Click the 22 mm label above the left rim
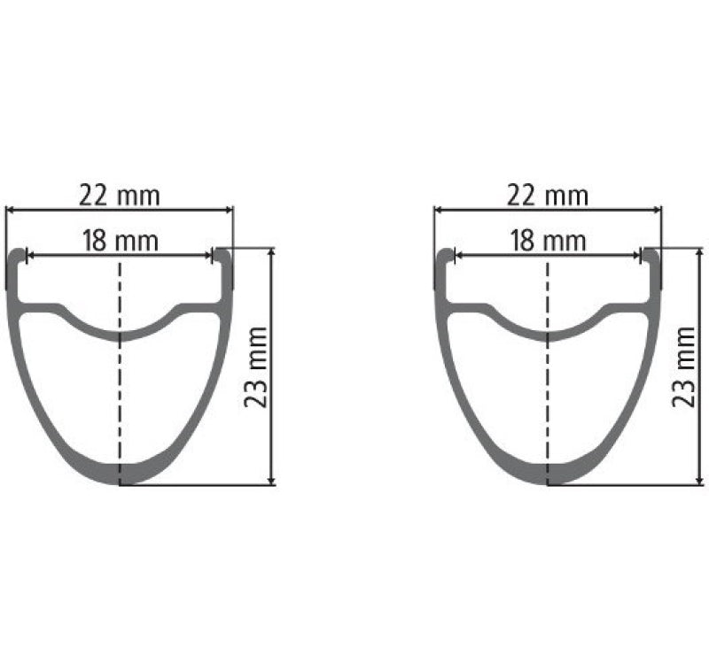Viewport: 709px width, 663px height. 120,195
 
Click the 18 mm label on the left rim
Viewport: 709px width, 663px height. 120,241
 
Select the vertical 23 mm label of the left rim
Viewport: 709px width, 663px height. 256,366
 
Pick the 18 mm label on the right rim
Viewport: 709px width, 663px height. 548,241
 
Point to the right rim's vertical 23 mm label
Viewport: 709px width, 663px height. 684,366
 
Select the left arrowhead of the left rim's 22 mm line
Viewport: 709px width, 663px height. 11,210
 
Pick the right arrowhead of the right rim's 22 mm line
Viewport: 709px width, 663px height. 657,210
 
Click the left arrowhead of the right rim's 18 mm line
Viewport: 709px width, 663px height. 457,255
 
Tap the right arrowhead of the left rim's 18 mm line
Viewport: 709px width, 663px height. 210,255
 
